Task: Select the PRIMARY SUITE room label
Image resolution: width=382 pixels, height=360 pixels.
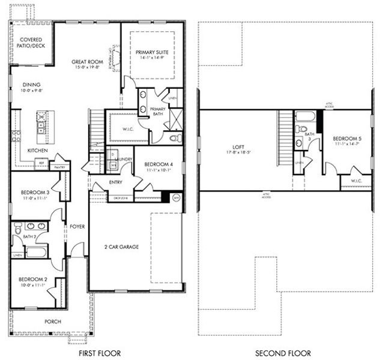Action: coord(152,52)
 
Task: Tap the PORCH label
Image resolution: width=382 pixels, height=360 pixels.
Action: coord(53,322)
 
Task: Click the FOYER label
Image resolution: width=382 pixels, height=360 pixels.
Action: coord(77,227)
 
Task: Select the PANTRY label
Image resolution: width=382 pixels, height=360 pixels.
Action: coord(61,162)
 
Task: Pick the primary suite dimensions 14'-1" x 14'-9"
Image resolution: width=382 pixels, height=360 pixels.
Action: coord(152,59)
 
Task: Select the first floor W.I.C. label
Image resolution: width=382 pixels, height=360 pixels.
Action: coord(127,128)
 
